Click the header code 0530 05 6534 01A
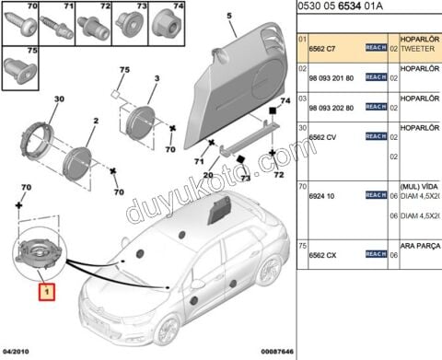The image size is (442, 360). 342,8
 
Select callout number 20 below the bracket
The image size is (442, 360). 209,176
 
